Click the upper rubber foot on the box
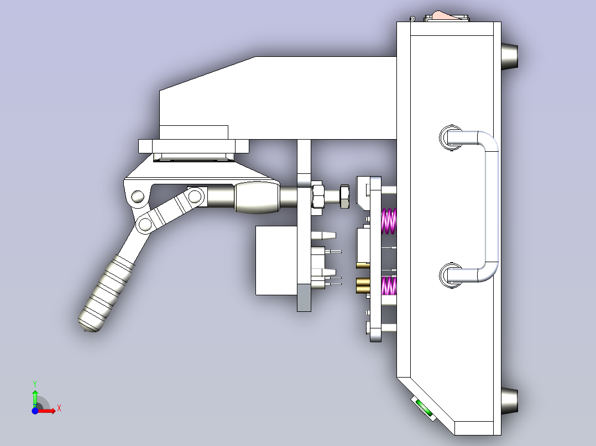coord(510,56)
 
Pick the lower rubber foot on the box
coord(510,401)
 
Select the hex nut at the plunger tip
coord(343,197)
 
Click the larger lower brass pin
coord(363,285)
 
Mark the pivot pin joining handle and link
coord(145,224)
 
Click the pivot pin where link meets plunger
coord(195,195)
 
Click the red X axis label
coord(59,408)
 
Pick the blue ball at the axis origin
coord(35,411)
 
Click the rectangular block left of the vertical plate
coord(276,259)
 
